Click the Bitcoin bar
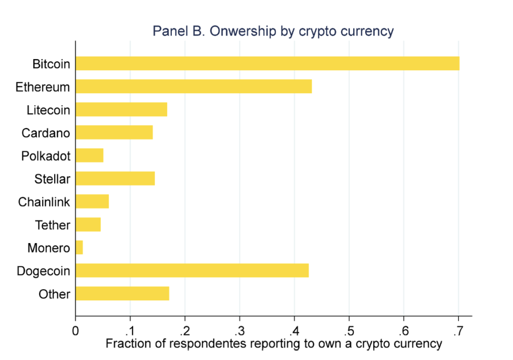coord(267,64)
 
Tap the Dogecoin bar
coord(192,271)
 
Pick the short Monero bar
coord(79,248)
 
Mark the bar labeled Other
coord(122,293)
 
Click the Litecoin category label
coord(48,110)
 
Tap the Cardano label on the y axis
coord(46,133)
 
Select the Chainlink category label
coord(44,202)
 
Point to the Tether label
coord(53,225)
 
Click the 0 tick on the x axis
coord(75,331)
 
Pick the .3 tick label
coord(239,331)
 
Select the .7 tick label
coord(458,331)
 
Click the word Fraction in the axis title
coord(127,344)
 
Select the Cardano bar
coord(114,132)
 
